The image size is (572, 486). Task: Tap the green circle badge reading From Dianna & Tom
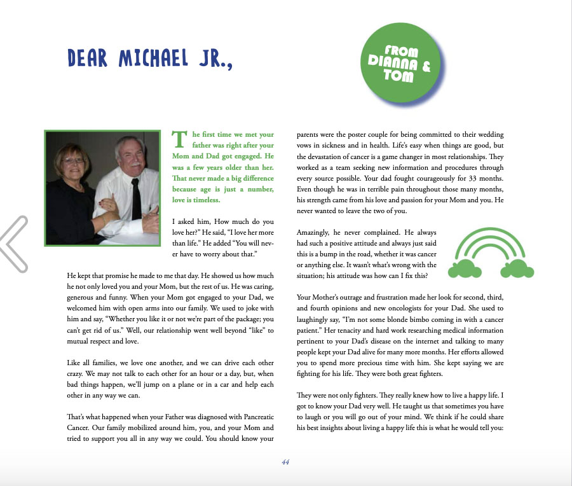(x=401, y=64)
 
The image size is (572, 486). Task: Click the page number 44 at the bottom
(x=285, y=462)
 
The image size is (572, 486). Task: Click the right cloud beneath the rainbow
(x=517, y=270)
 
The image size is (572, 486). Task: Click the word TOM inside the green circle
(x=398, y=76)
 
